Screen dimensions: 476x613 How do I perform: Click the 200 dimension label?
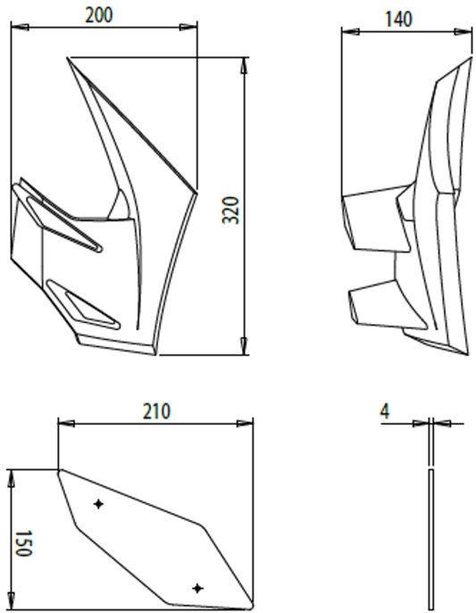pos(99,16)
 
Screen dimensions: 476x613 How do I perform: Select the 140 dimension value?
pos(398,19)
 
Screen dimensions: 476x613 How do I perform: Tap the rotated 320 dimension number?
pos(230,211)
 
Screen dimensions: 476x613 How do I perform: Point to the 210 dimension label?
pos(156,411)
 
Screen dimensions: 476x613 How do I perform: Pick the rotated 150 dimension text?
pos(22,543)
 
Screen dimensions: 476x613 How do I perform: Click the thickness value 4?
pos(385,411)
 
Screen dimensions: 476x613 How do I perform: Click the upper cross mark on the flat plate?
pos(98,504)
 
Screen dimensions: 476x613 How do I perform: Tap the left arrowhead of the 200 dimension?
pos(20,27)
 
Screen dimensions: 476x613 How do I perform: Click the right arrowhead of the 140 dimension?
pos(463,31)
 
